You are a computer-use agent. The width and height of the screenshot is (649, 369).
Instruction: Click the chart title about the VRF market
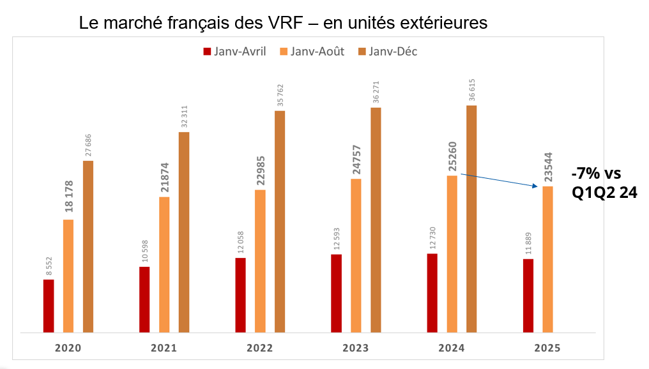283,23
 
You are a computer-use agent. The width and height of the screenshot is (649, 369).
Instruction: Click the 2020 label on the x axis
68,348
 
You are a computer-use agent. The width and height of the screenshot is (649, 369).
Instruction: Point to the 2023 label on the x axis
356,348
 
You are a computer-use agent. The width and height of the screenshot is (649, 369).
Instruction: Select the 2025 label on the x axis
547,348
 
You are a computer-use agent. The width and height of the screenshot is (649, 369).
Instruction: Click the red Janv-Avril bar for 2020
49,306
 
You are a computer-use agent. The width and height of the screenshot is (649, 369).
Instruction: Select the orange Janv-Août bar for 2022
260,261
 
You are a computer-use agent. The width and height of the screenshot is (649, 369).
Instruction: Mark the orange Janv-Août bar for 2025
547,259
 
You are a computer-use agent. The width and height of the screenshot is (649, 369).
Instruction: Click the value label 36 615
472,90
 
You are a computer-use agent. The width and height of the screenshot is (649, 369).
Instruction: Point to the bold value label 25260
452,158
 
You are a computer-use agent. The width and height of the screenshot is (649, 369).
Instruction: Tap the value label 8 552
49,266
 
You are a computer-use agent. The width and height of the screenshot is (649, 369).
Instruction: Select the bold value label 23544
547,169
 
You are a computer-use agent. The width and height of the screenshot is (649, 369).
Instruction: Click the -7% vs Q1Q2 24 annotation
604,183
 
